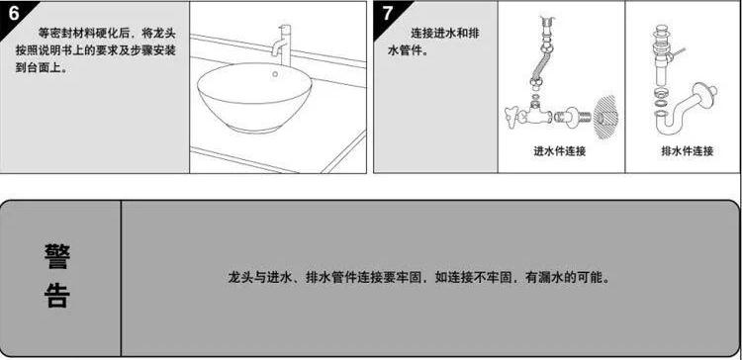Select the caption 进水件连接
coord(560,151)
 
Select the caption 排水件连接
coord(687,151)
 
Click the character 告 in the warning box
coord(57,297)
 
